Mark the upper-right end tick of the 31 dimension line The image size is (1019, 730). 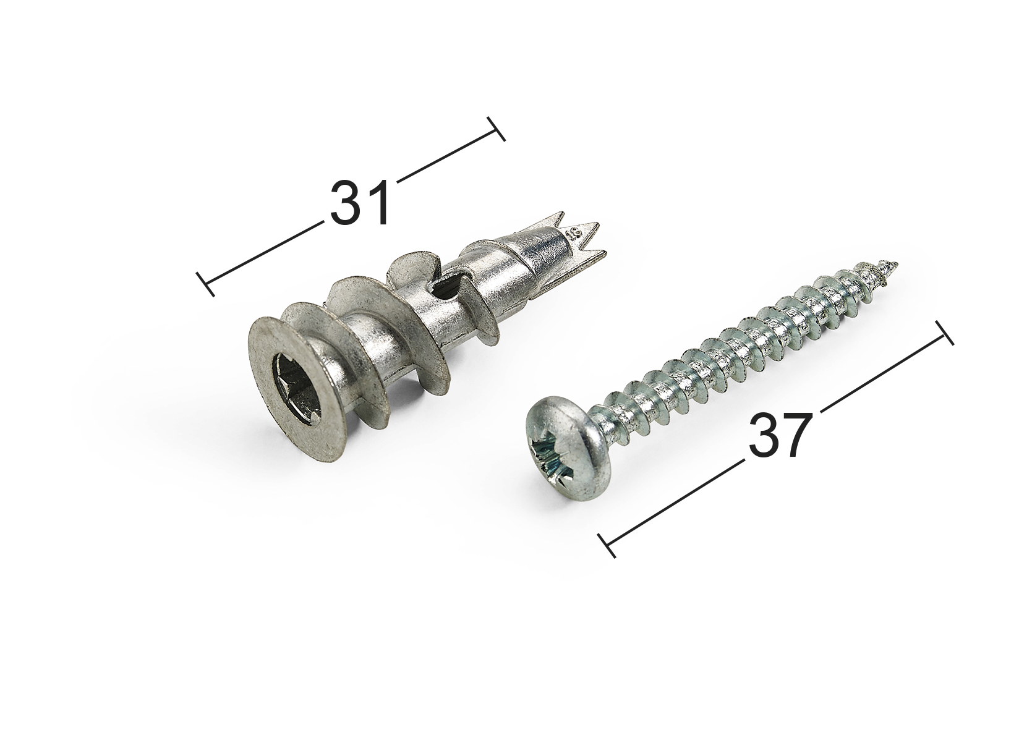tap(496, 129)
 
